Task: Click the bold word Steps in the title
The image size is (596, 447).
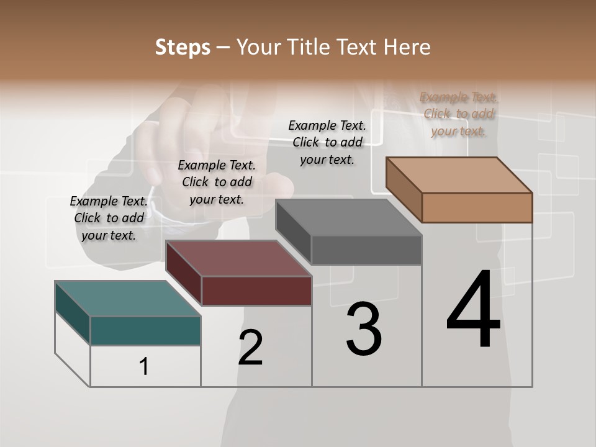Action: click(183, 47)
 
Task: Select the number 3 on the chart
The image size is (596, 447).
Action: click(364, 329)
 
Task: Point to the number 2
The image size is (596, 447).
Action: click(251, 348)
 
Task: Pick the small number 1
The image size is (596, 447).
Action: click(144, 367)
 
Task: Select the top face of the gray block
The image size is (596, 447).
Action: click(348, 217)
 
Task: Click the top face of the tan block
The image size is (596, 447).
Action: click(459, 175)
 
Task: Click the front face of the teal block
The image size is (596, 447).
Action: click(145, 330)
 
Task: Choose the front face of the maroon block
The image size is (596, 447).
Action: click(256, 291)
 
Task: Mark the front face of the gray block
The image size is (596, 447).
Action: click(366, 250)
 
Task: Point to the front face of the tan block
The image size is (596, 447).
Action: click(477, 207)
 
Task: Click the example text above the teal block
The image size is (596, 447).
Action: click(109, 218)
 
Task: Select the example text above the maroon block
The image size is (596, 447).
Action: click(217, 182)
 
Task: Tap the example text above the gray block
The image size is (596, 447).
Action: click(327, 142)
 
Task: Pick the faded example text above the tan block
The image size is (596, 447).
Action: click(459, 114)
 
